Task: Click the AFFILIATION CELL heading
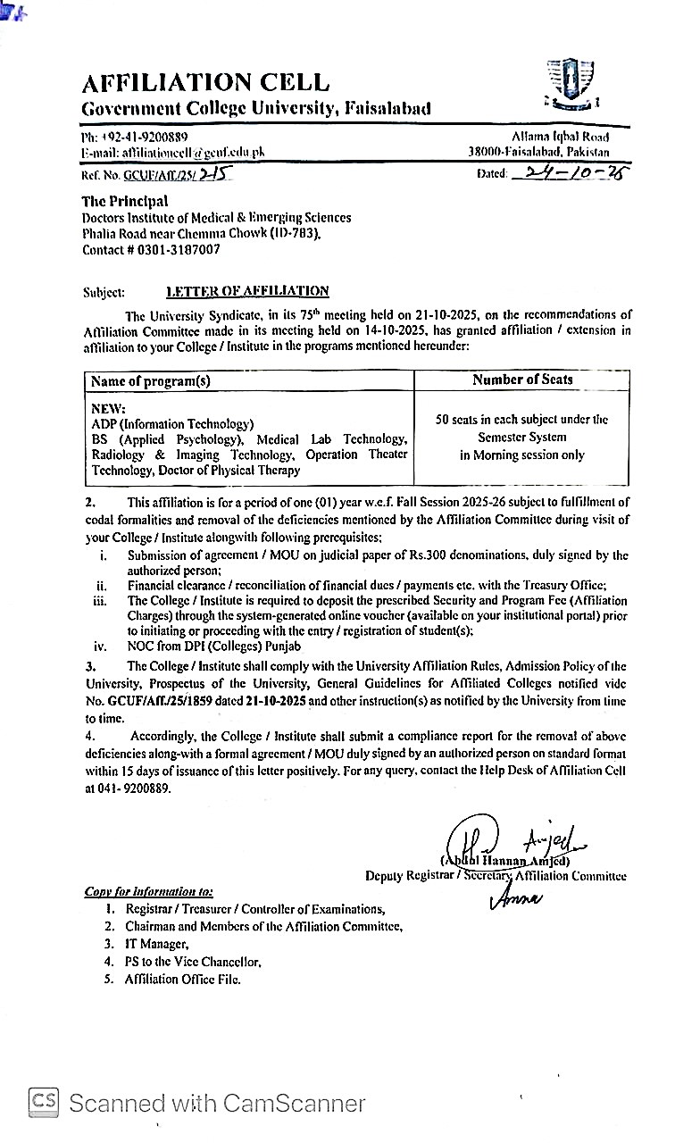(x=205, y=83)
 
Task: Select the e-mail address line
(x=173, y=153)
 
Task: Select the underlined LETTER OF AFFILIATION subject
(x=247, y=291)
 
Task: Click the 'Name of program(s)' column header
(x=151, y=380)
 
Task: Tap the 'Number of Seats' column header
(x=522, y=380)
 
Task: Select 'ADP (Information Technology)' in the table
(x=172, y=424)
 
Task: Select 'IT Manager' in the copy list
(x=156, y=944)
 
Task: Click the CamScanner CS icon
(x=45, y=1102)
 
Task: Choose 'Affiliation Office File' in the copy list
(x=182, y=979)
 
